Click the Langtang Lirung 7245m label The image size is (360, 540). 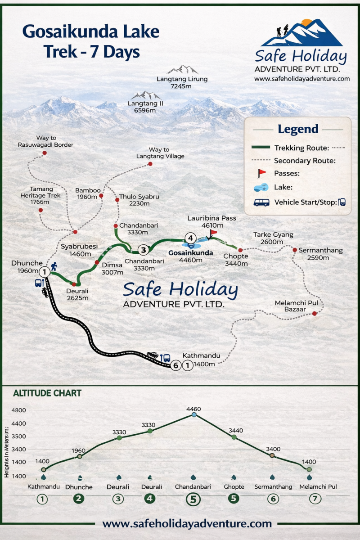coord(182,82)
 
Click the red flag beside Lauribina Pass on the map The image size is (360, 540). coord(213,233)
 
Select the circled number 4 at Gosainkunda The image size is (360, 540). coord(190,238)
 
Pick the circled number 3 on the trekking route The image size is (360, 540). coord(143,250)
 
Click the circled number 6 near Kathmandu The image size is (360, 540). coord(176,365)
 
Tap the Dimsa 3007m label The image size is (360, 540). coord(112,269)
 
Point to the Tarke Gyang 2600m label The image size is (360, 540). coord(273,238)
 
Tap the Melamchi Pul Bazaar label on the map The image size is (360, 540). coord(293,306)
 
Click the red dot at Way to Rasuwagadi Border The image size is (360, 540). coord(45,153)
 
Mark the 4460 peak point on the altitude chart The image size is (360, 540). coord(194,414)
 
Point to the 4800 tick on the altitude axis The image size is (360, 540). coord(19,410)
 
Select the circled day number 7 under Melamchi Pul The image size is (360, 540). coord(315,498)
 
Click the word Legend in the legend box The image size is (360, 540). coord(297,129)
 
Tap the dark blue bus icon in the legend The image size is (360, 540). coord(261,202)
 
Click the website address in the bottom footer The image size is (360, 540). coord(187,523)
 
